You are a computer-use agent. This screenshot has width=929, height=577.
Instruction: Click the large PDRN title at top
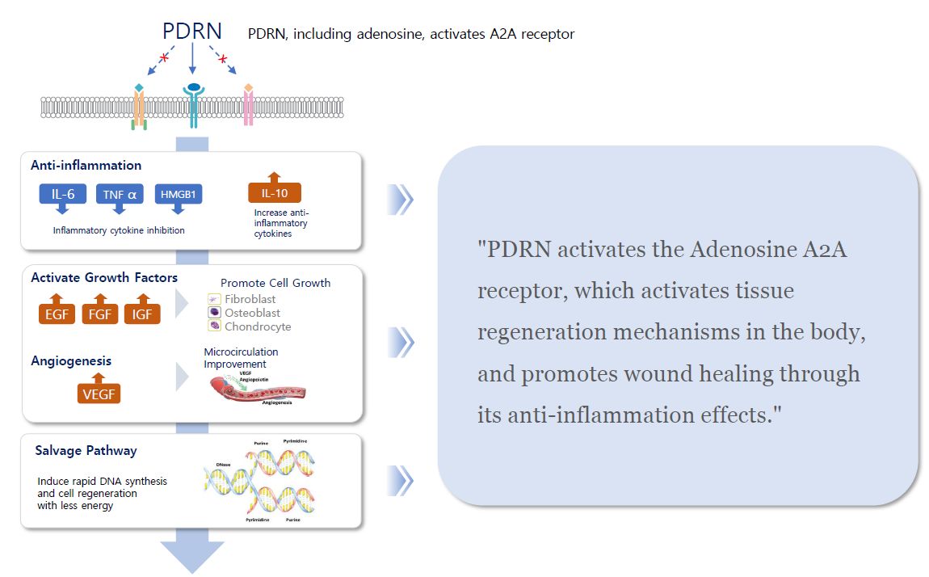[192, 32]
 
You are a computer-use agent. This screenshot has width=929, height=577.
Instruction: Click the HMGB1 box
[178, 194]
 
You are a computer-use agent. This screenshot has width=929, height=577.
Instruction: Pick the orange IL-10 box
[274, 192]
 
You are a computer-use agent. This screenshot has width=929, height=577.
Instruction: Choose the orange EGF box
[57, 313]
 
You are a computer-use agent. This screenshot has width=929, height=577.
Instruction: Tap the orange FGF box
[99, 313]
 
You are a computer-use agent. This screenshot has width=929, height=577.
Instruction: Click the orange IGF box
[142, 313]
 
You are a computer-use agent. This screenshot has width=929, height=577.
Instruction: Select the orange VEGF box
[99, 394]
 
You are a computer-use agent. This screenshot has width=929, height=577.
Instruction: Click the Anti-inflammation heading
[86, 165]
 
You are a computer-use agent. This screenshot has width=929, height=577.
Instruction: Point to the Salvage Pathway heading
[86, 451]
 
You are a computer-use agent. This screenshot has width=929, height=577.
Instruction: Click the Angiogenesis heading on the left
[71, 360]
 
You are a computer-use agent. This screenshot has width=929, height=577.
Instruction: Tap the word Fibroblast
[250, 299]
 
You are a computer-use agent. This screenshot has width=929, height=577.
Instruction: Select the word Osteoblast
[252, 313]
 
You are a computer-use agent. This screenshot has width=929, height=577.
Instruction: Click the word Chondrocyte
[258, 326]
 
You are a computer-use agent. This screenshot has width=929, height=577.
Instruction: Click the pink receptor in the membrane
[248, 105]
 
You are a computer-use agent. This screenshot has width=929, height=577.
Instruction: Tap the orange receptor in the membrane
[140, 105]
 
